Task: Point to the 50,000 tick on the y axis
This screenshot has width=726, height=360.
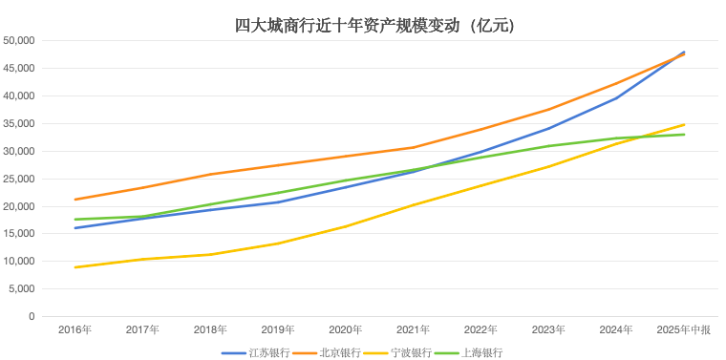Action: coord(19,41)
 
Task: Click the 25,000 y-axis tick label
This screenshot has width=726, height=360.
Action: coord(19,179)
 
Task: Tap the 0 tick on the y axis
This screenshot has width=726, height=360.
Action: coord(32,316)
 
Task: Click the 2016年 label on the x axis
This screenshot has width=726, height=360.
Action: coord(75,329)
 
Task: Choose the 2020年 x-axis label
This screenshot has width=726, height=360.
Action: coord(346,329)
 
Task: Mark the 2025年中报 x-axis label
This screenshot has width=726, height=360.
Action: coord(684,329)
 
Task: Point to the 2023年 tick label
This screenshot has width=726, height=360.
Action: coord(548,329)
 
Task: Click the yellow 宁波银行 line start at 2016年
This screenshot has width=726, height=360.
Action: coord(75,267)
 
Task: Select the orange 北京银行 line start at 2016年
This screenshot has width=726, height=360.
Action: coord(75,200)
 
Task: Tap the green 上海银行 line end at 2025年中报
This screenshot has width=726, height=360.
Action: coord(684,134)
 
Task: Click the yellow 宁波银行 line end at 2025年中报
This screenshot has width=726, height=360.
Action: coord(684,124)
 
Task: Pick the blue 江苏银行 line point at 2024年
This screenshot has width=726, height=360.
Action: coord(616,97)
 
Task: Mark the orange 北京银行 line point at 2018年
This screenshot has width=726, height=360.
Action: coord(210,174)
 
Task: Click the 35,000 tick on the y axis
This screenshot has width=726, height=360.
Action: coord(19,124)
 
